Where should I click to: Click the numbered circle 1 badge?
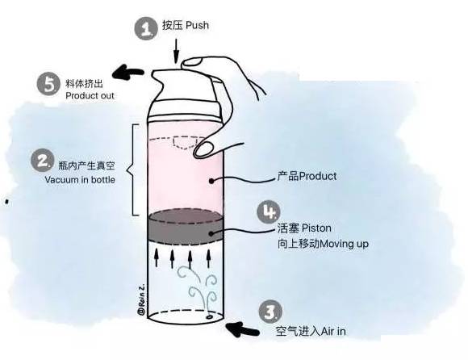(146, 30)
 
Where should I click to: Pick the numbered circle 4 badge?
(270, 211)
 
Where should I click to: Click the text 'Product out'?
(90, 96)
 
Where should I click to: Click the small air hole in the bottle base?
(209, 317)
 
